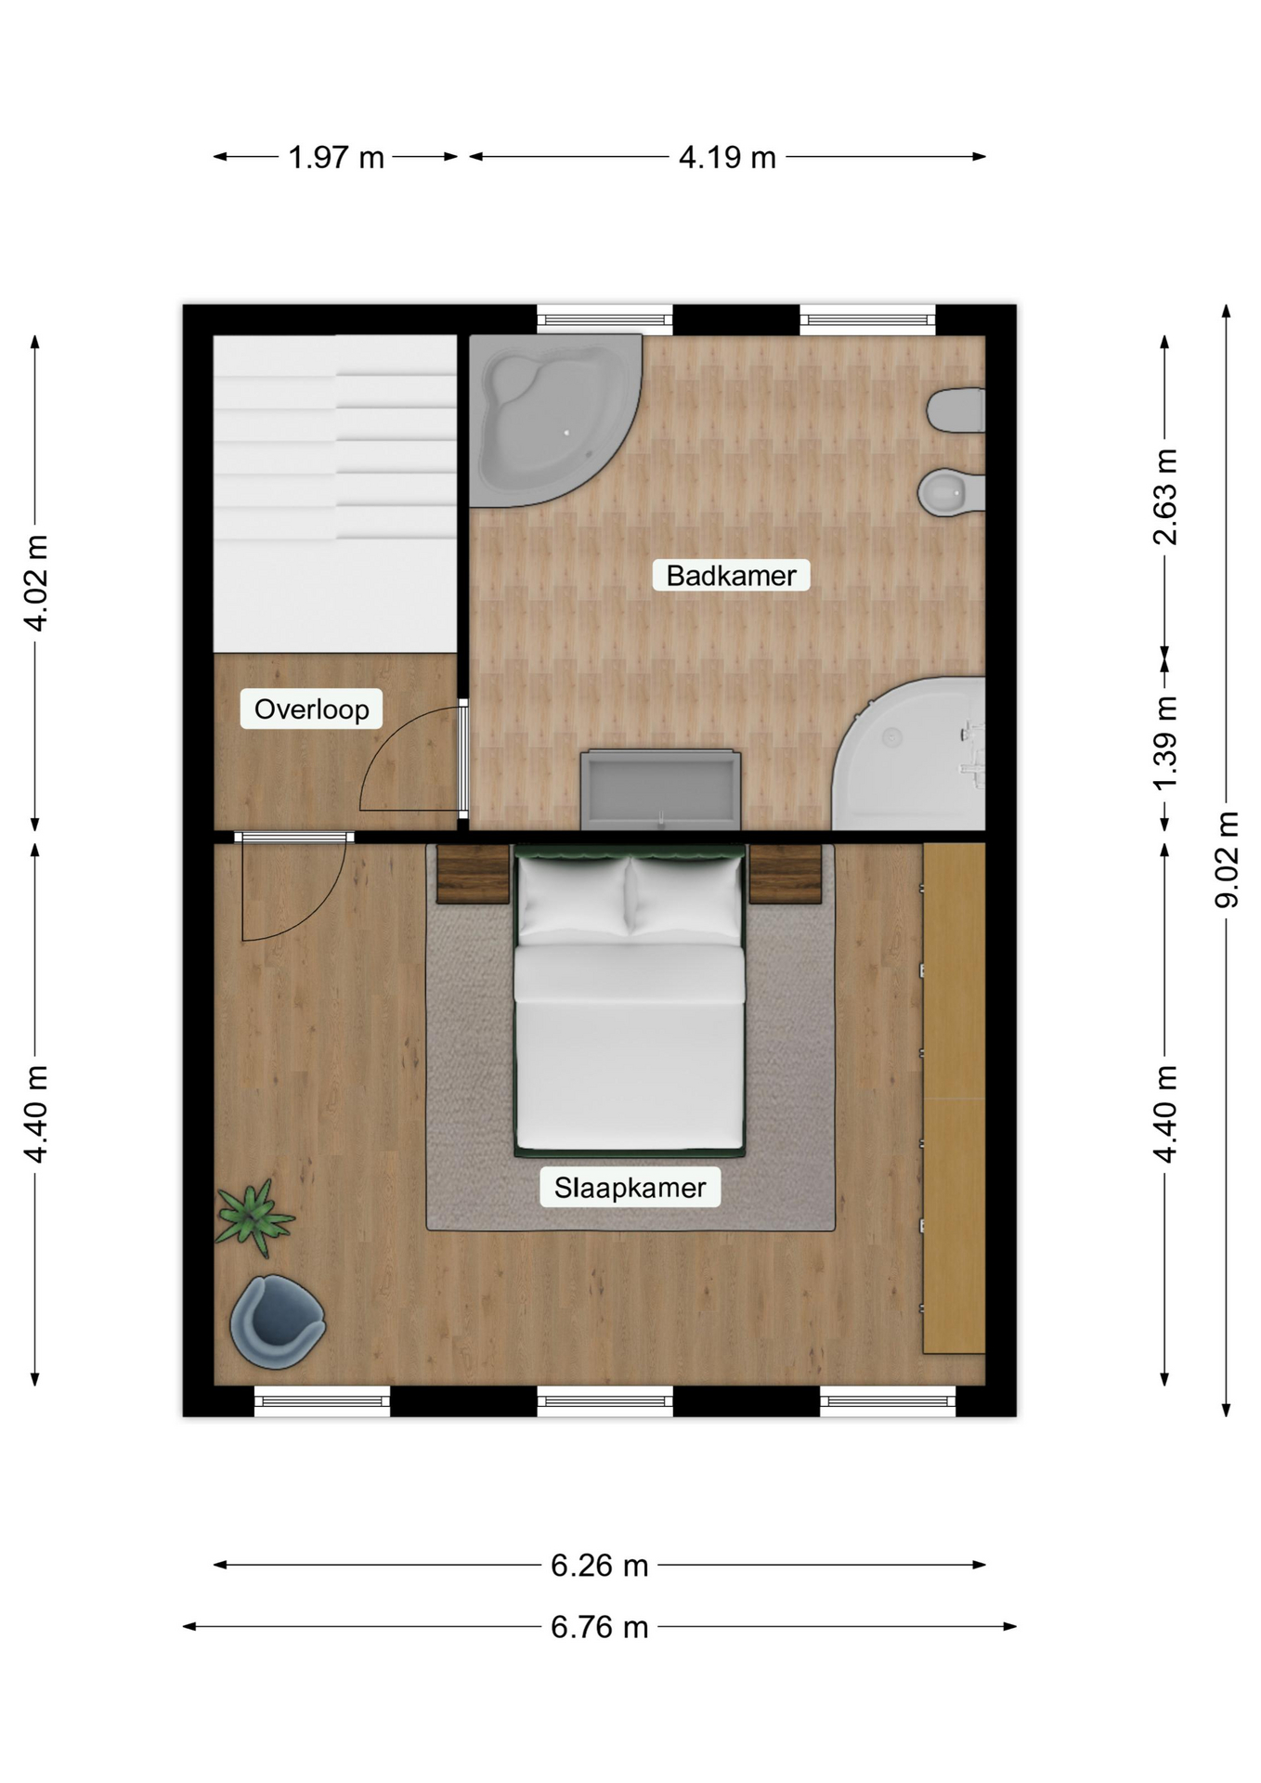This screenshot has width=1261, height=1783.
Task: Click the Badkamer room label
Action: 731,575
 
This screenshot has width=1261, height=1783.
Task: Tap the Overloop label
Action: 311,709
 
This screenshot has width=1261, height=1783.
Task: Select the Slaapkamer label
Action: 630,1187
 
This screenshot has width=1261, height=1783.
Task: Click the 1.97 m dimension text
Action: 336,157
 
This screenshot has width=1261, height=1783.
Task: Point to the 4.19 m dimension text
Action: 727,157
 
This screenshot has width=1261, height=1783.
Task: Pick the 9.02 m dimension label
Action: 1227,859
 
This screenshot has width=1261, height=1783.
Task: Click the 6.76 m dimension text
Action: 599,1626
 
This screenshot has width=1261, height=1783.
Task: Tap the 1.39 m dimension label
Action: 1164,744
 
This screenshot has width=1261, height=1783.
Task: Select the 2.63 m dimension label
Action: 1164,497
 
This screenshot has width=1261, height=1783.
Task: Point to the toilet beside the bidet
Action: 956,410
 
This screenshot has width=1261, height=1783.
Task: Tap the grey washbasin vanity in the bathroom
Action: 660,790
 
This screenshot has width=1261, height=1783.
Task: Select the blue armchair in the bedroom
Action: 277,1321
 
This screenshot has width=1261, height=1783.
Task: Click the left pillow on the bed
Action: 573,896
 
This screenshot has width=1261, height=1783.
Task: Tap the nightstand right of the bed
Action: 786,874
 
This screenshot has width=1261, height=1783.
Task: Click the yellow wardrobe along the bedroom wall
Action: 954,1098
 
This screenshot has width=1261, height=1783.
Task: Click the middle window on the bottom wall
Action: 604,1400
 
